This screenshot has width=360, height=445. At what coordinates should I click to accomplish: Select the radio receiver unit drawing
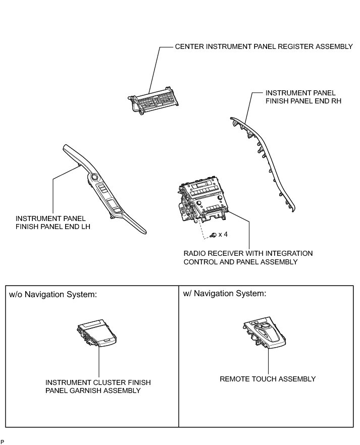click(202, 203)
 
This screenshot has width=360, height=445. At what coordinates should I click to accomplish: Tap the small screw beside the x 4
click(214, 235)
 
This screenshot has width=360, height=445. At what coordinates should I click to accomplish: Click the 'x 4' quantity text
click(223, 235)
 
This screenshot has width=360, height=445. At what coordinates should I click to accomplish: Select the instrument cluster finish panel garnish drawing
click(96, 335)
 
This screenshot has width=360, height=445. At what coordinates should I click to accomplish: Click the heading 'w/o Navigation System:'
click(53, 294)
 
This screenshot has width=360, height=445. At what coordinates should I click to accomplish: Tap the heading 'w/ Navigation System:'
click(225, 293)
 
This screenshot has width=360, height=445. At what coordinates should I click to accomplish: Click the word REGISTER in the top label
click(295, 46)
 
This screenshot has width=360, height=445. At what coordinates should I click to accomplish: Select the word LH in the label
click(85, 227)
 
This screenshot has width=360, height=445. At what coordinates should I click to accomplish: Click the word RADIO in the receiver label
click(194, 253)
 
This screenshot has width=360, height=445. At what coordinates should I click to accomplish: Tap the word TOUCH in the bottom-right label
click(262, 379)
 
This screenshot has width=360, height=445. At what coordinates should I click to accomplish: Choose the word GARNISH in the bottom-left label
click(85, 391)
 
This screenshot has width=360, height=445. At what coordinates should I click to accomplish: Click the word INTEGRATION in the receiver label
click(288, 253)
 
